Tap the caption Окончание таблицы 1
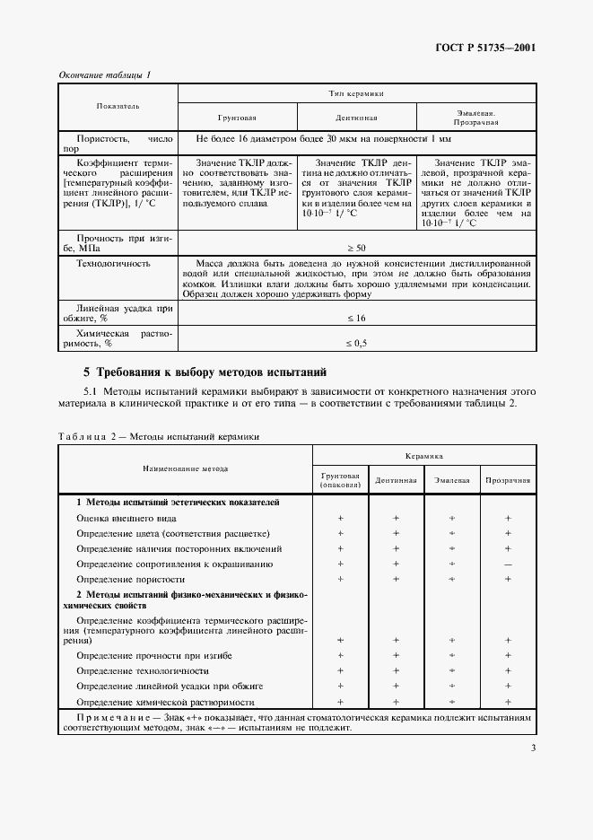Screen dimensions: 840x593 pyautogui.click(x=105, y=74)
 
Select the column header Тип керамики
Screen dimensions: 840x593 pyautogui.click(x=356, y=93)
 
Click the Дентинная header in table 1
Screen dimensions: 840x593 pyautogui.click(x=356, y=118)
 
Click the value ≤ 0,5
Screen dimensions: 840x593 pyautogui.click(x=356, y=342)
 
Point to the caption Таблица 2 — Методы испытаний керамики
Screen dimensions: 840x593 pyautogui.click(x=159, y=436)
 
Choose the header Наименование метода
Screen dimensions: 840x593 pyautogui.click(x=185, y=468)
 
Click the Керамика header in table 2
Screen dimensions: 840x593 pyautogui.click(x=423, y=456)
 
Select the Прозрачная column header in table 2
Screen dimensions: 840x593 pyautogui.click(x=508, y=480)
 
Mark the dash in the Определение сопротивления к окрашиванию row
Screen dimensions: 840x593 pyautogui.click(x=508, y=564)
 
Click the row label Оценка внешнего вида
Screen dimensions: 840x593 pyautogui.click(x=126, y=518)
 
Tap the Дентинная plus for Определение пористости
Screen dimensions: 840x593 pyautogui.click(x=396, y=579)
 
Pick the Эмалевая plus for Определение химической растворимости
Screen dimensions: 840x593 pyautogui.click(x=452, y=702)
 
